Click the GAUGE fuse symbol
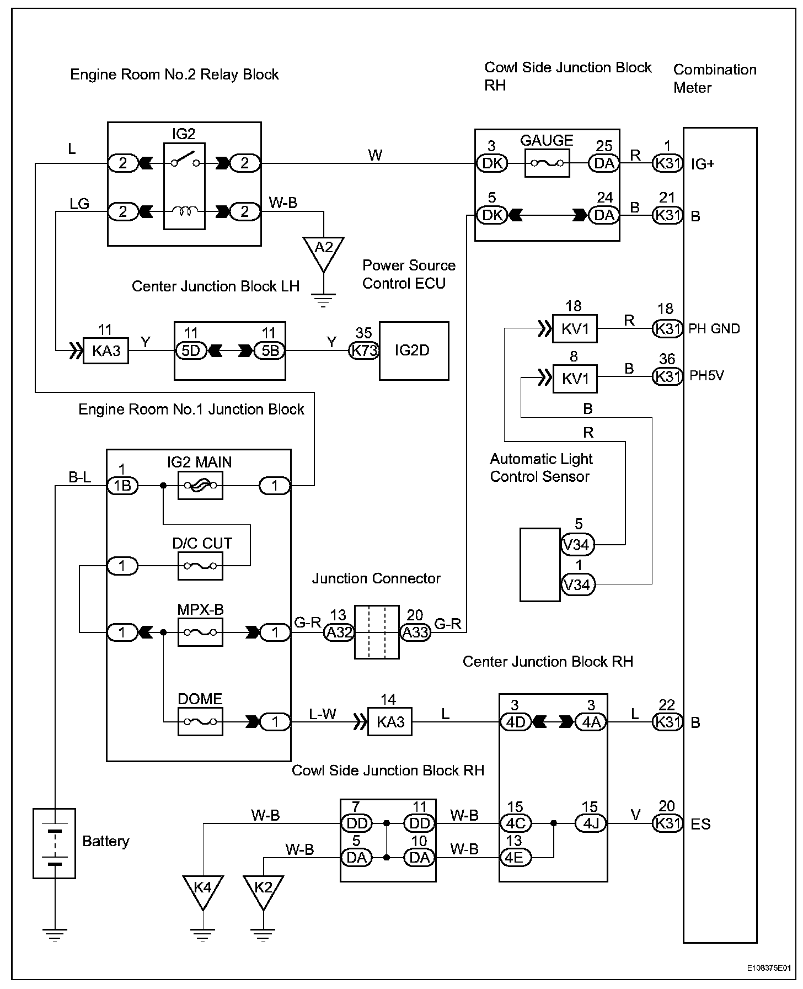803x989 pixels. tap(547, 163)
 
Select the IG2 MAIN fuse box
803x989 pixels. tap(200, 486)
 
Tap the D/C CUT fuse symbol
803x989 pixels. tap(200, 566)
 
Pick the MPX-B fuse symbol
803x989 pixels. tap(200, 632)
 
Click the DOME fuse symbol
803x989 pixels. tap(200, 721)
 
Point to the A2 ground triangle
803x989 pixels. tap(324, 251)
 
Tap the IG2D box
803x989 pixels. tap(414, 351)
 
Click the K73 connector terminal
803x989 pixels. tap(364, 351)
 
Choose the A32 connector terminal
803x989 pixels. tap(339, 632)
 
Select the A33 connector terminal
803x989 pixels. tap(415, 632)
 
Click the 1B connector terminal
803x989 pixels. tap(122, 486)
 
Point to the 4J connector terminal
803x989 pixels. tap(591, 824)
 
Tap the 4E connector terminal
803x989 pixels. tap(516, 858)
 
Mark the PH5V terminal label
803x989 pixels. tap(706, 376)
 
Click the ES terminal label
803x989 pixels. tap(700, 824)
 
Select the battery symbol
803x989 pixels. tap(54, 843)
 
